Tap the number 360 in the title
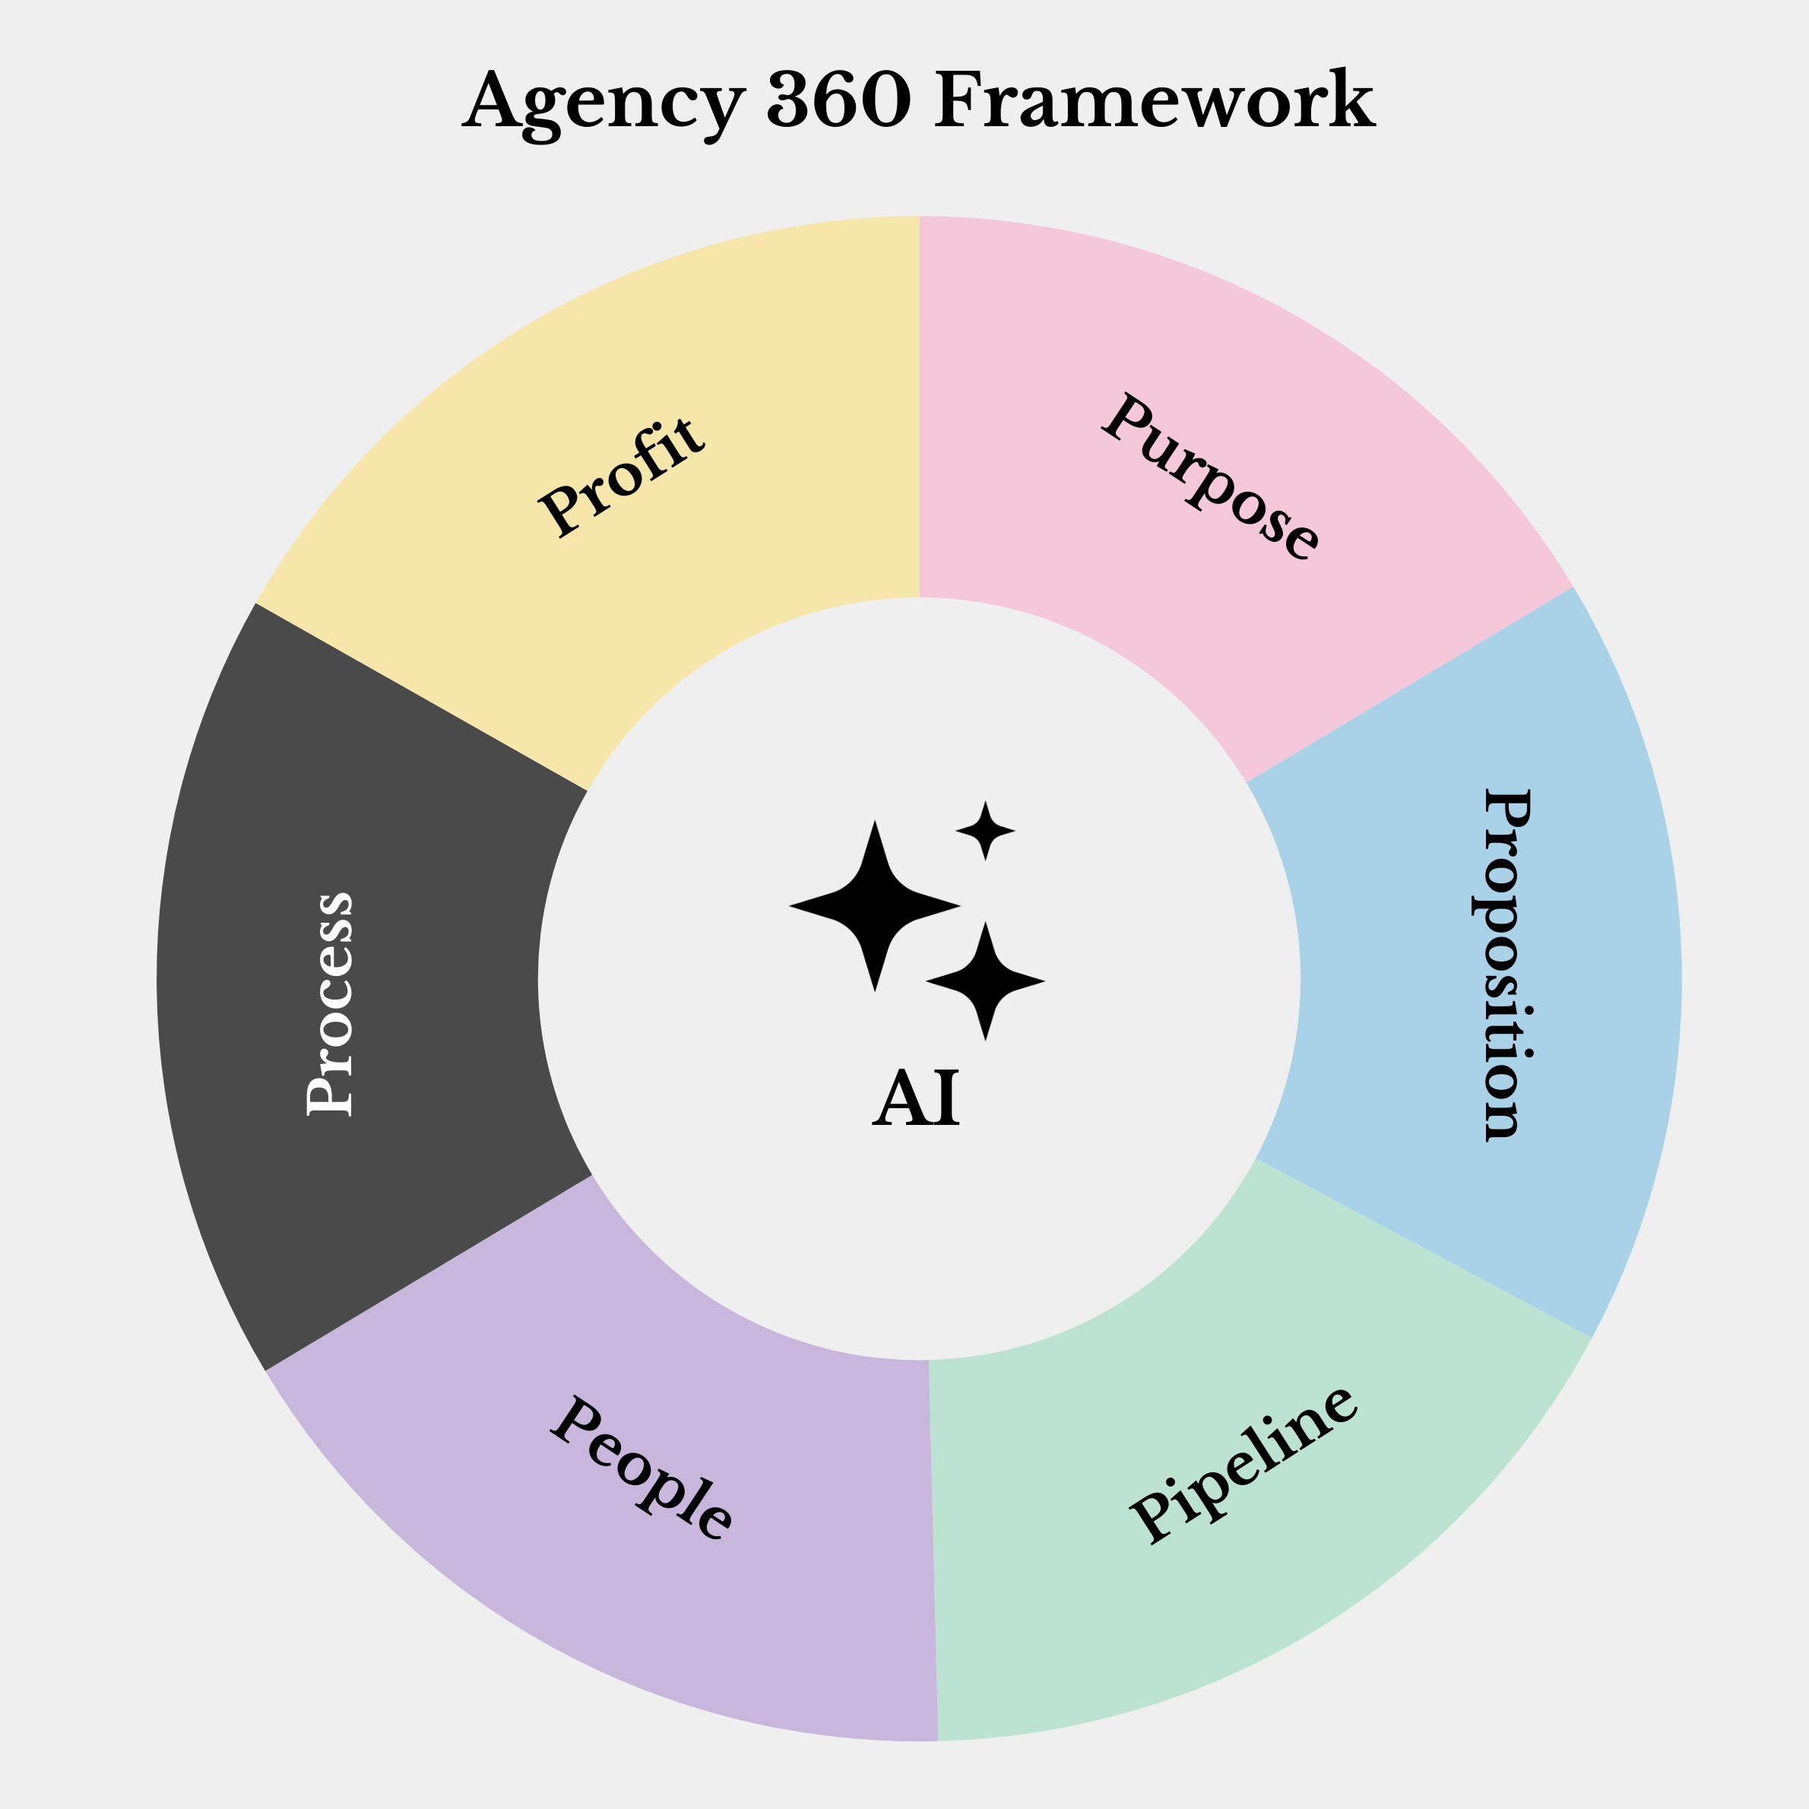coord(838,100)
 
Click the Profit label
coord(620,477)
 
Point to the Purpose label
coord(1211,477)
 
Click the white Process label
coord(330,1004)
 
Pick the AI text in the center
coord(915,1098)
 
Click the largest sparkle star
coord(875,905)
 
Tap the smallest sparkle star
coord(985,831)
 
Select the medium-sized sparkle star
coord(985,981)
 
